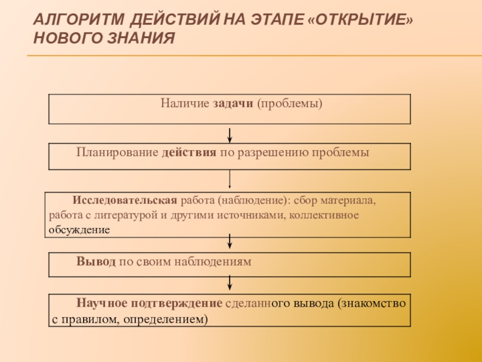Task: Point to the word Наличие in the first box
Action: coord(184,104)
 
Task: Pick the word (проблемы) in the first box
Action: coord(289,104)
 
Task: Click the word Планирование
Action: coord(117,153)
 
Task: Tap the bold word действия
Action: coord(189,153)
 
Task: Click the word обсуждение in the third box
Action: coord(80,230)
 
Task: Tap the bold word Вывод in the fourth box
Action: coord(92,262)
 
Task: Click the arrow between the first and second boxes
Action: coord(230,135)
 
